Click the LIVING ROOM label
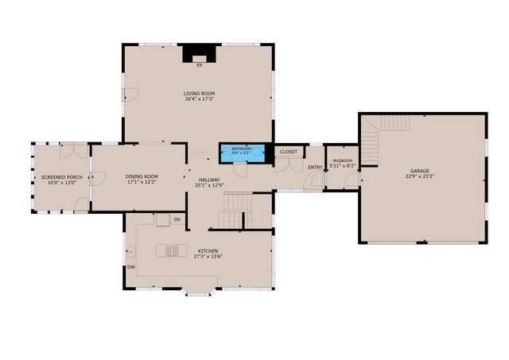[199, 93]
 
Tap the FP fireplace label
[199, 66]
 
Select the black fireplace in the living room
[199, 54]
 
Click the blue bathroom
[242, 151]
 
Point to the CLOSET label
[288, 151]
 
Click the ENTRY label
[315, 167]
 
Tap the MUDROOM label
[343, 161]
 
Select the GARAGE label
[421, 171]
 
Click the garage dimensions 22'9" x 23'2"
[421, 176]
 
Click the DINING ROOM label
[142, 176]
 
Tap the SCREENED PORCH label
[62, 176]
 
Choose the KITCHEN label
[208, 251]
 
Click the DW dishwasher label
[131, 267]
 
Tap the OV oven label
[177, 219]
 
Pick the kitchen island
[172, 250]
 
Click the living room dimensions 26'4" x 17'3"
[199, 99]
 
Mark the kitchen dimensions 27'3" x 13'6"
[208, 257]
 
